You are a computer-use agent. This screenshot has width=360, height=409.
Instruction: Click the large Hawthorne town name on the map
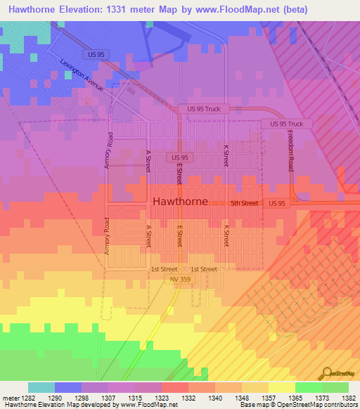(x=180, y=201)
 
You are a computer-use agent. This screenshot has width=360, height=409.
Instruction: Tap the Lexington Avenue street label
(x=82, y=76)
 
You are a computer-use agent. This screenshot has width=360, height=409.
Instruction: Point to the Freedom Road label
(x=289, y=153)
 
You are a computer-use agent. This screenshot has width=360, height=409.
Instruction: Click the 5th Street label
(x=245, y=203)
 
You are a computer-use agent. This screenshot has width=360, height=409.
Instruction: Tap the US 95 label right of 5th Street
(x=277, y=203)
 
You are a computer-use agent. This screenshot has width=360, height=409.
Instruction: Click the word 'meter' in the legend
(x=11, y=397)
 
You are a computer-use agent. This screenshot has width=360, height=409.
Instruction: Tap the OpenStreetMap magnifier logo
(x=328, y=374)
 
